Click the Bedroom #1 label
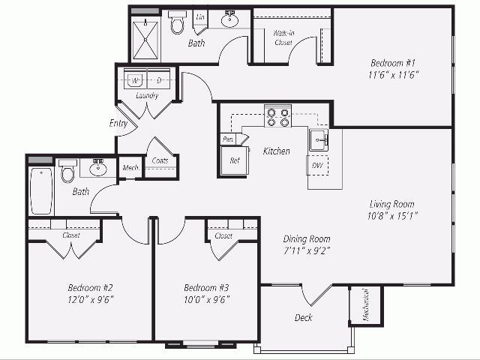point(394,63)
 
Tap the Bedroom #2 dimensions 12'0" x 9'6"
point(91,299)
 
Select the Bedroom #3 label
point(206,288)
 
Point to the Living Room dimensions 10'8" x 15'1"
point(392,216)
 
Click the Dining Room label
point(307,239)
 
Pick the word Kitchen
point(276,151)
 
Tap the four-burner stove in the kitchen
point(277,118)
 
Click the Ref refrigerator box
point(234,159)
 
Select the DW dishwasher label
point(317,166)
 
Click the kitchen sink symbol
point(318,139)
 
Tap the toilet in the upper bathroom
point(178,23)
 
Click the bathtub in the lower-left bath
point(40,190)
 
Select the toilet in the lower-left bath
point(67,172)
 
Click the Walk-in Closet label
point(283,37)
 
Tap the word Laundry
point(147,96)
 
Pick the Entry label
point(118,123)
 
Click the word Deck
point(303,318)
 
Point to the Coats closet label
point(159,160)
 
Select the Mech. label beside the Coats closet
point(130,168)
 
